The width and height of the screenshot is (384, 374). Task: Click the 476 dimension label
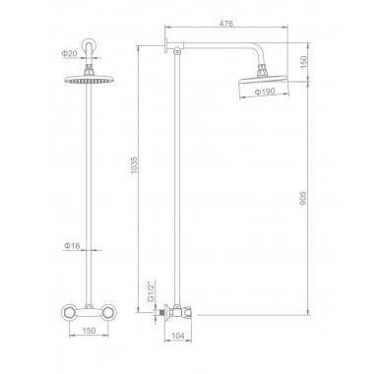coord(226,24)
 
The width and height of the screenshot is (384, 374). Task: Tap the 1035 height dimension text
coord(135,165)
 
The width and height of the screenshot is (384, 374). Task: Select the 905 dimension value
coord(303,198)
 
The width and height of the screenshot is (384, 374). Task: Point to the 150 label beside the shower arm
coord(303,62)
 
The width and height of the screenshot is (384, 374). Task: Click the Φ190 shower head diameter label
coord(265,92)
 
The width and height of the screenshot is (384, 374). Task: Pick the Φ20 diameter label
coord(69,53)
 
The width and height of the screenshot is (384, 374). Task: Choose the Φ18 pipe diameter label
coord(72,245)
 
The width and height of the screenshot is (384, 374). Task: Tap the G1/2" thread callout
coord(151,290)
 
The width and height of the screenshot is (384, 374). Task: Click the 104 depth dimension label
coord(178,336)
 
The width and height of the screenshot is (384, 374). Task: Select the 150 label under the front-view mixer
coord(89,331)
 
